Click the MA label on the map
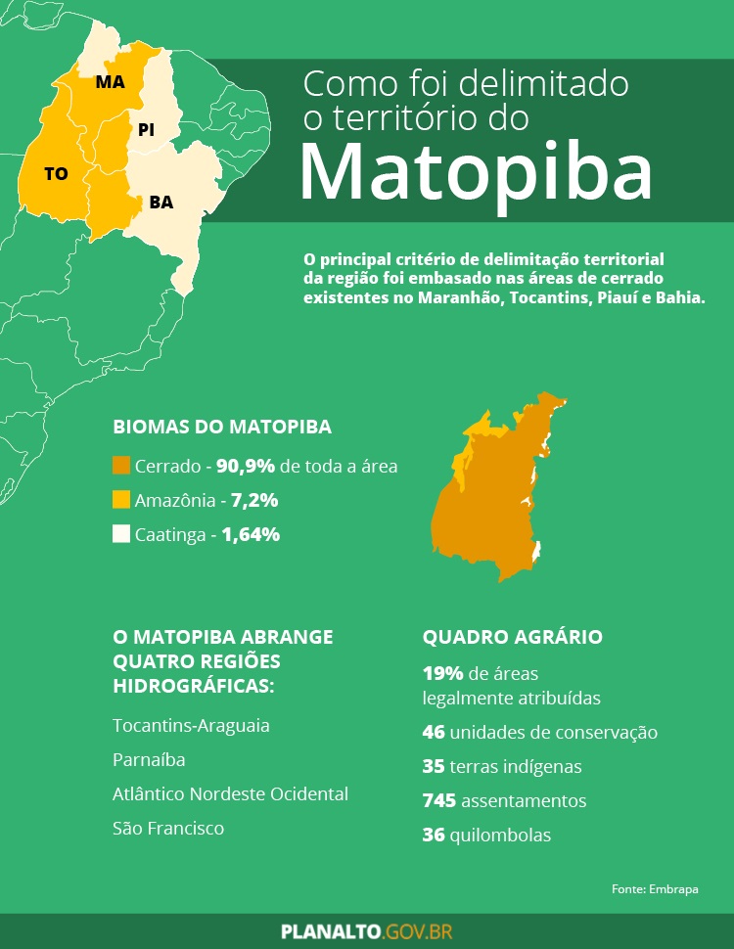coord(111,82)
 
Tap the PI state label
coord(146,129)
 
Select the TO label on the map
coord(56,173)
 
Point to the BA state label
coord(161,203)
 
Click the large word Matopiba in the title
coord(476,172)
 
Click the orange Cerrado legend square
coord(121,466)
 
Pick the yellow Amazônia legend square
coord(121,500)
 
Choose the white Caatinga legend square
coord(121,534)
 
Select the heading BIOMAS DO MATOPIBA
coord(222,428)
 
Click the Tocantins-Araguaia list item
coord(192,726)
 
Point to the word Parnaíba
coord(149,760)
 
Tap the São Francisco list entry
coord(168,829)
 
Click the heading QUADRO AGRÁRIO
coord(513,637)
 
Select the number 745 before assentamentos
coord(439,801)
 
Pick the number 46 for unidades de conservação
coord(434,733)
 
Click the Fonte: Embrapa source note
coord(655,889)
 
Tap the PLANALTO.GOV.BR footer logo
coord(367,931)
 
